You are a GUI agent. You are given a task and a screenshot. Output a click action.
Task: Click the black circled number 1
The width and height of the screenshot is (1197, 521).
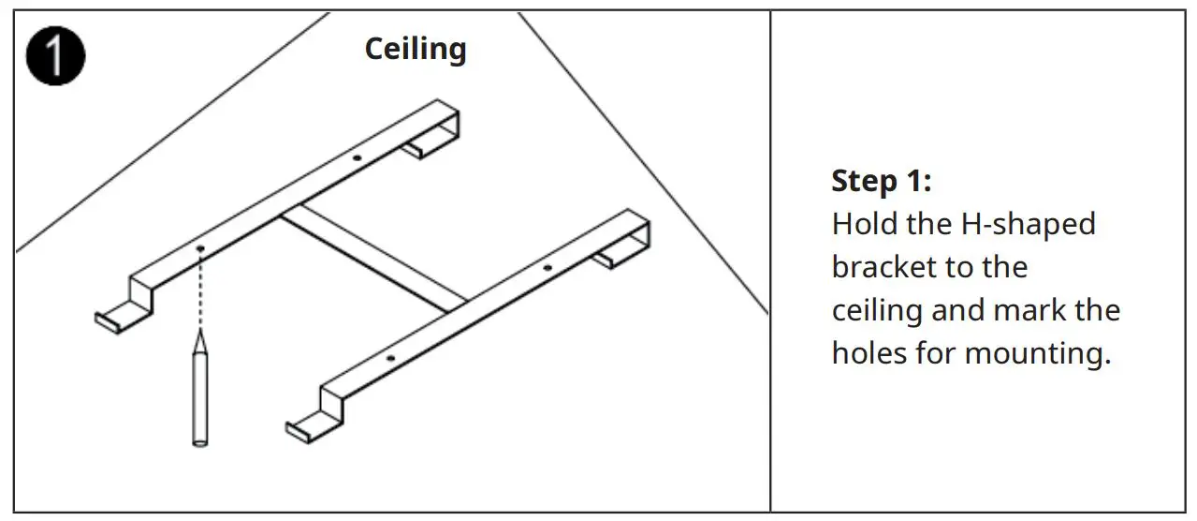[55, 56]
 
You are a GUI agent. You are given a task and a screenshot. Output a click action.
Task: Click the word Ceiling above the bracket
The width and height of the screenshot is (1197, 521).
[415, 49]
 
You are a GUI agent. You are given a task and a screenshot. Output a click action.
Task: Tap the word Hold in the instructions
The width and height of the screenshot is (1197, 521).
[862, 225]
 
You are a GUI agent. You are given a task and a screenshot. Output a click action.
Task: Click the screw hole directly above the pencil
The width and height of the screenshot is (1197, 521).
[200, 248]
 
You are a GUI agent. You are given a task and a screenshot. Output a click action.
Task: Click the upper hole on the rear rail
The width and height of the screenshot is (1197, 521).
[356, 158]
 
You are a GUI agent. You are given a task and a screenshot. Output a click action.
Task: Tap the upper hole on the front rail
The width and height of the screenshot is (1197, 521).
[547, 268]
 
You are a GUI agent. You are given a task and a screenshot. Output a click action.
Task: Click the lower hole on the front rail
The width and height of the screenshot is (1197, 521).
[390, 359]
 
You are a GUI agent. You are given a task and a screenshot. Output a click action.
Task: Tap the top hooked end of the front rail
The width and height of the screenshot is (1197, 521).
[624, 248]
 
